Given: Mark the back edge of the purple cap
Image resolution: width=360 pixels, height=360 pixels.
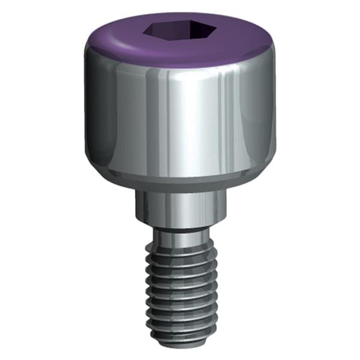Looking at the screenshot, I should [180, 14].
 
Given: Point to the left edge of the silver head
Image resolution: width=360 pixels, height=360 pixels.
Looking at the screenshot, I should [87, 114].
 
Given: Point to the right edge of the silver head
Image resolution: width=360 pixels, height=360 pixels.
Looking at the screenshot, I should [274, 114].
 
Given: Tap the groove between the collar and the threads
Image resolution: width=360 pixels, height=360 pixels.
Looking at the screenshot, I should [180, 230].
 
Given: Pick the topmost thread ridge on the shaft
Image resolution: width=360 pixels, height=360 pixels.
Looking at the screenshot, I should [180, 243].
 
